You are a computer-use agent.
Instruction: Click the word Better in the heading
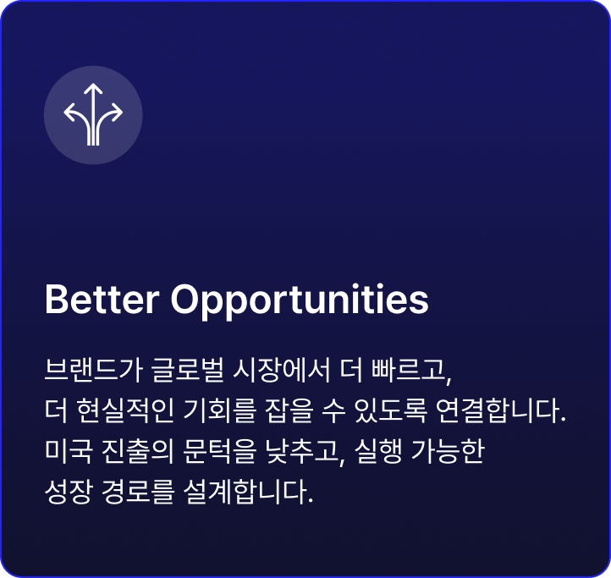(x=102, y=300)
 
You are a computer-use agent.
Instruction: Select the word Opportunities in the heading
(x=300, y=302)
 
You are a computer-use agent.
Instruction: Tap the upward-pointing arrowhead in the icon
(x=93, y=89)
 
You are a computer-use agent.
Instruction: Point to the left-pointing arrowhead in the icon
(x=69, y=113)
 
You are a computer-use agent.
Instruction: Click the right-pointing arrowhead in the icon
(x=117, y=113)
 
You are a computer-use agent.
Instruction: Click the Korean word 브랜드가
(x=93, y=369)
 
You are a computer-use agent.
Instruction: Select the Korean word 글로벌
(x=188, y=369)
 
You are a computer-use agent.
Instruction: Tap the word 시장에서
(x=282, y=369)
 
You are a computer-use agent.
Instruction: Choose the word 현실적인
(x=125, y=410)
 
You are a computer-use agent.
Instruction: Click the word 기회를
(x=220, y=410)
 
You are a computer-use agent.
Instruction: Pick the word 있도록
(x=390, y=410)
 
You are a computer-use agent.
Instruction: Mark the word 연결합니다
(x=500, y=410)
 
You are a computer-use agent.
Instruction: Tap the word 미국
(x=69, y=451)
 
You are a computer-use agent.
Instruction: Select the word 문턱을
(x=220, y=451)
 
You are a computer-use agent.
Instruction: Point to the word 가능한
(x=448, y=451)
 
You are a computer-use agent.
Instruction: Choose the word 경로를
(x=138, y=492)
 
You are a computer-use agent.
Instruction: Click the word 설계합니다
(x=248, y=492)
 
